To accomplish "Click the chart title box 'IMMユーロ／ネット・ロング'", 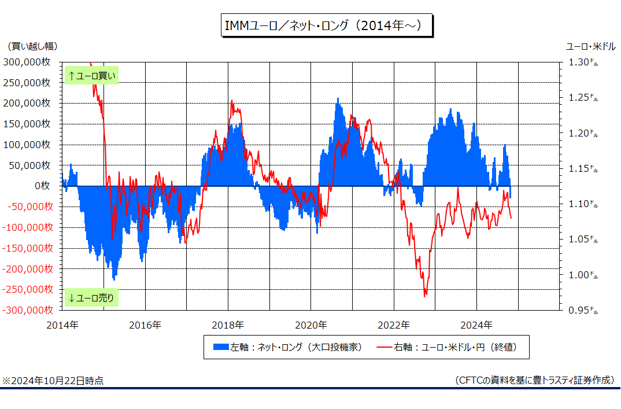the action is coord(327,25).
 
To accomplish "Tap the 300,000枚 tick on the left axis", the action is coord(27,62).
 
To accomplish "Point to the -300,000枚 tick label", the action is coord(27,310).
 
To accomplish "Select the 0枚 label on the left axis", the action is coord(42,186).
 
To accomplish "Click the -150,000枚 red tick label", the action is coord(27,248).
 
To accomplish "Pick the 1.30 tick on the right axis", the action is coord(583,62).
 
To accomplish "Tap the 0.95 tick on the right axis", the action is coord(583,310).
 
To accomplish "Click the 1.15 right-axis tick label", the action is coord(583,168).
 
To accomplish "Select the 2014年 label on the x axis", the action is coord(62,325).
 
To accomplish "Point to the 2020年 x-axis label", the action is coord(311,325).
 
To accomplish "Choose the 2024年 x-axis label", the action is coord(476,325).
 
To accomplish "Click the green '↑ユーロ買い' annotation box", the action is coord(91,76).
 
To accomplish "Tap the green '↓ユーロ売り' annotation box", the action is coord(91,297).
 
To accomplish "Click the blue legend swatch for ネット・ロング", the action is coord(221,347).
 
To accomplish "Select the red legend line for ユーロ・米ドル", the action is coord(384,348).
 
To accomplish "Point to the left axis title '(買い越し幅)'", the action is coord(32,46).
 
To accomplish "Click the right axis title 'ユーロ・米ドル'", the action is coord(590,46).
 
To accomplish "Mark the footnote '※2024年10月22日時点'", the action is coord(53,381).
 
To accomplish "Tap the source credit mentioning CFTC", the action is coord(535,381).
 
